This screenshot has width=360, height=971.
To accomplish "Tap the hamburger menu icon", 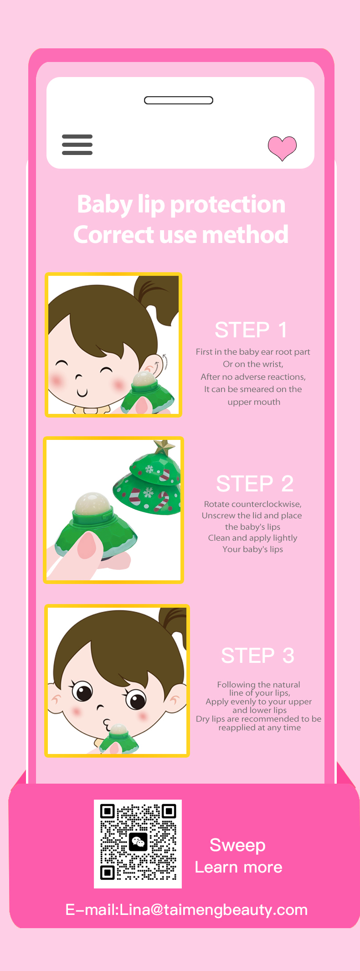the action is (77, 145).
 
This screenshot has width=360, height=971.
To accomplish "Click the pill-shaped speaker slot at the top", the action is (179, 100).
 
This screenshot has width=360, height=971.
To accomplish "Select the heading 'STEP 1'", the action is (251, 330).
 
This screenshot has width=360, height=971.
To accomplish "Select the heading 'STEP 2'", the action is (255, 484).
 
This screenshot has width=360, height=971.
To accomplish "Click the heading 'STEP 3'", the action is (257, 656).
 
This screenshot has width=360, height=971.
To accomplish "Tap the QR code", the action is (138, 844).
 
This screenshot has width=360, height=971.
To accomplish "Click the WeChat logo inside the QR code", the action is (138, 842).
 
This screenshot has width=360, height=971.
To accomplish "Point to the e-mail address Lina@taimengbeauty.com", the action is (213, 909).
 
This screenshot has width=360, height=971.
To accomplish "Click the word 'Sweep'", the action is (237, 845).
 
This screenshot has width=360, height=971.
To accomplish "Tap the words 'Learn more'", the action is (239, 867).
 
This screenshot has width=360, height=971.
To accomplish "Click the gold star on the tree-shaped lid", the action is (164, 448).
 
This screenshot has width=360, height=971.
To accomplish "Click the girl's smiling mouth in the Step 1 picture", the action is (82, 393).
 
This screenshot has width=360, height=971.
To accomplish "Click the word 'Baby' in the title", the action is (105, 205).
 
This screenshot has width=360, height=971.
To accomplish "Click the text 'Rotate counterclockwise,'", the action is (253, 504).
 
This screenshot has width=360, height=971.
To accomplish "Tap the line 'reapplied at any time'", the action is (260, 728).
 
